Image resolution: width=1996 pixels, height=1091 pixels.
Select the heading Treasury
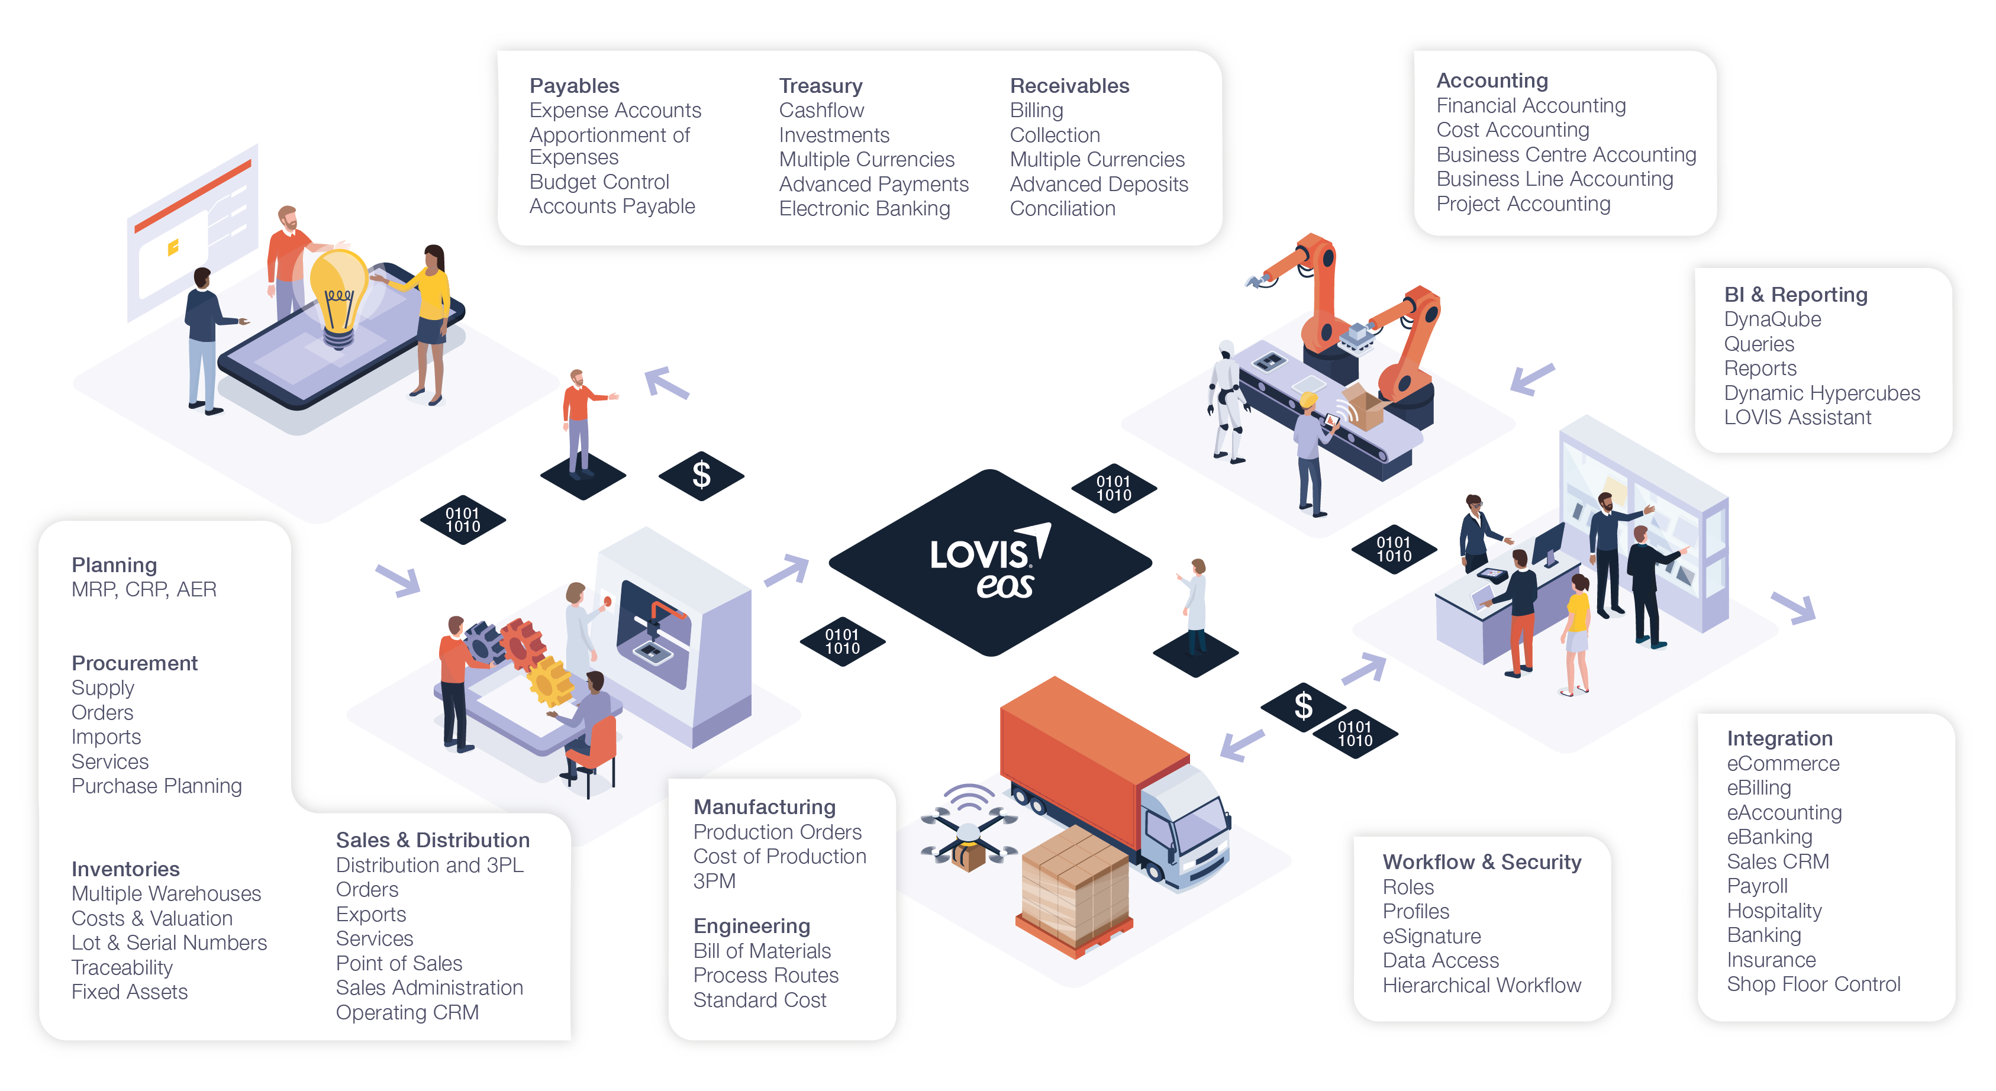click(x=821, y=85)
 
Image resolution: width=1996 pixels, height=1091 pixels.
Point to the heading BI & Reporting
click(x=1795, y=295)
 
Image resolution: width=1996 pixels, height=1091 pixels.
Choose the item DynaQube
click(x=1772, y=319)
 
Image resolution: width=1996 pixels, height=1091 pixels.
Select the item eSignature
click(x=1431, y=936)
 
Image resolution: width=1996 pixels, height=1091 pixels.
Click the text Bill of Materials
click(x=762, y=951)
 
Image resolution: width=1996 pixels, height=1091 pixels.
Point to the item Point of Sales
click(x=398, y=963)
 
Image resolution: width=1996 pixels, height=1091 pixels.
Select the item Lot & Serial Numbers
click(x=169, y=943)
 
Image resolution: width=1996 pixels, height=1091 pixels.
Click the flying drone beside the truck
click(x=969, y=833)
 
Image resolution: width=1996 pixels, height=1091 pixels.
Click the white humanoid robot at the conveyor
click(x=1227, y=399)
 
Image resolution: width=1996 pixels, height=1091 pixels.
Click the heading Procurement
click(x=134, y=663)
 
